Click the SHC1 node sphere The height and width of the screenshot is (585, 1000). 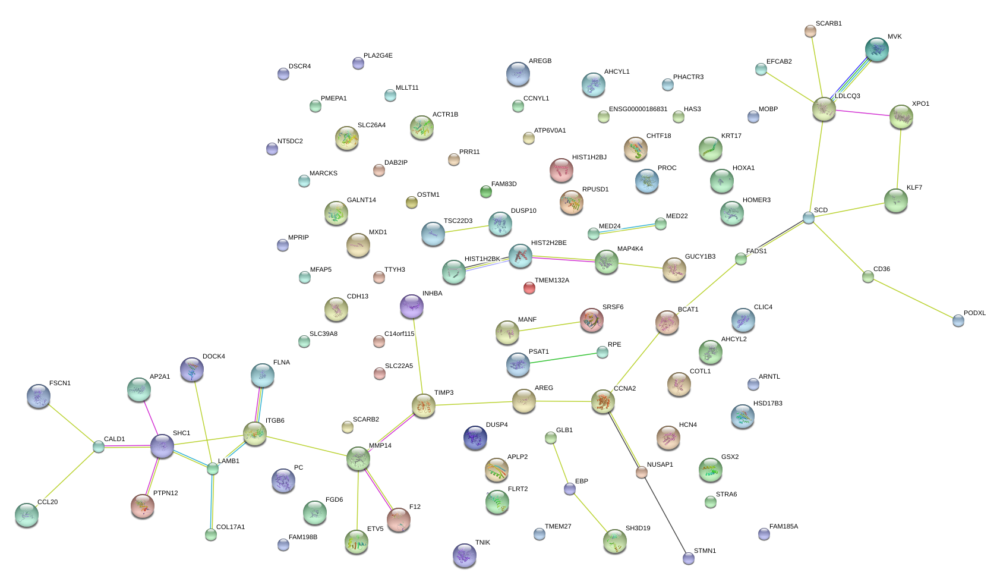click(x=162, y=446)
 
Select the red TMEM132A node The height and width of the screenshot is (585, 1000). click(x=529, y=288)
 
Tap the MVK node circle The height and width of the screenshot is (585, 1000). click(x=876, y=50)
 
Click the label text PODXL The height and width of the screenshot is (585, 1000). click(x=974, y=313)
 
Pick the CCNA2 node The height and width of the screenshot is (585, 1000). click(x=602, y=401)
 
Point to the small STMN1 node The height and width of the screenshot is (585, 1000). click(x=688, y=558)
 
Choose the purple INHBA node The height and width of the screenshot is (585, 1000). click(x=411, y=306)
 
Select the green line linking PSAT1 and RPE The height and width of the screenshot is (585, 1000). click(x=560, y=358)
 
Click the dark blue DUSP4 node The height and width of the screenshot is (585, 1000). click(x=475, y=438)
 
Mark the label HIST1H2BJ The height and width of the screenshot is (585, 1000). click(x=589, y=157)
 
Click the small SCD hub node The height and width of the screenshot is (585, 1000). click(x=808, y=218)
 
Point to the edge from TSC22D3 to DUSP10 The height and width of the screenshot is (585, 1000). click(x=466, y=229)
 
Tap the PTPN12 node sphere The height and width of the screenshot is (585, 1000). click(x=143, y=506)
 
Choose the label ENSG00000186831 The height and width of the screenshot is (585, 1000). click(x=638, y=109)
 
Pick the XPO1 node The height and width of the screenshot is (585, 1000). click(x=901, y=117)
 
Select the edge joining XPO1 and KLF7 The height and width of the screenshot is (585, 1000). click(x=898, y=159)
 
